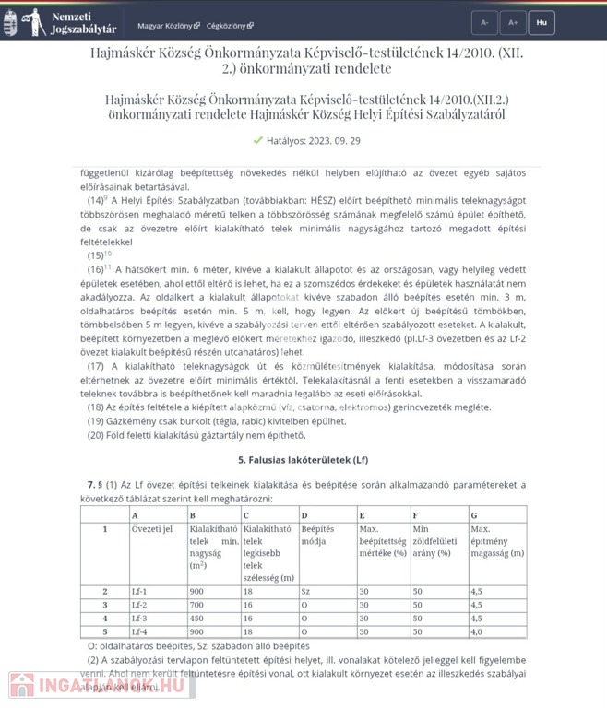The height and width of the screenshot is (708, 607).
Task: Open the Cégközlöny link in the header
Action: pos(230,25)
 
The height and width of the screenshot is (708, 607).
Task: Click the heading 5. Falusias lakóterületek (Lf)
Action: pos(303,458)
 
